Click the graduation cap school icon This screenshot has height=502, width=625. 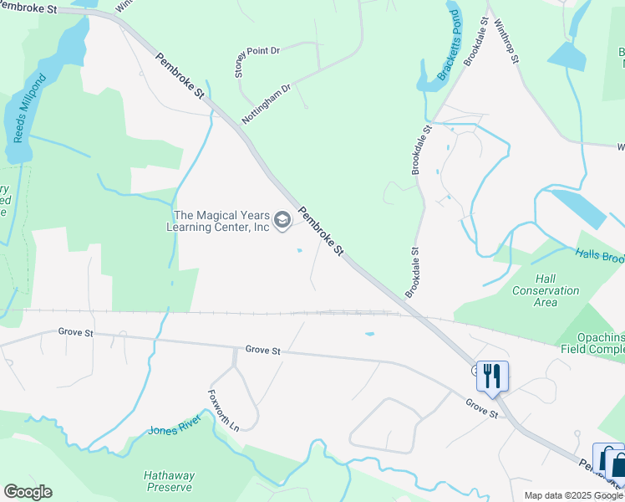[282, 220]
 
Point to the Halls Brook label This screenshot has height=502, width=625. [599, 256]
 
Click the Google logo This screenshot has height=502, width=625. [28, 492]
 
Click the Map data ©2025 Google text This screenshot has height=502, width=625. [572, 495]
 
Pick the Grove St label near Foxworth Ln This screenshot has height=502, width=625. [263, 351]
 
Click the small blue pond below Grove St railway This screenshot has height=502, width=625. [368, 334]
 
